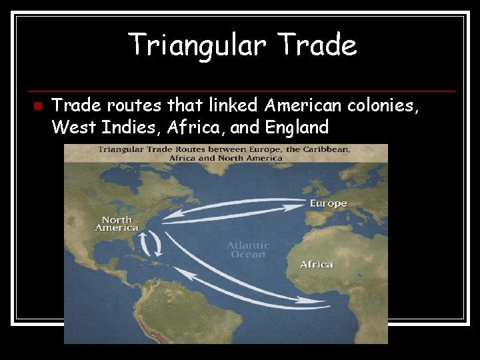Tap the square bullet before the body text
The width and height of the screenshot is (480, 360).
coord(37,106)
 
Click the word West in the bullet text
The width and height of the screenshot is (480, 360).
coord(73,127)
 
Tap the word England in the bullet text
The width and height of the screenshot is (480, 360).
coord(297,127)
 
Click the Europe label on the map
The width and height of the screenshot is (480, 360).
coord(328,203)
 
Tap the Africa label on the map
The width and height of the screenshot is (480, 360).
coord(316,265)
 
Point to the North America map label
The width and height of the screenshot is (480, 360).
coord(117,224)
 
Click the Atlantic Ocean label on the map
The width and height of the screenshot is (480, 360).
coord(248,250)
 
